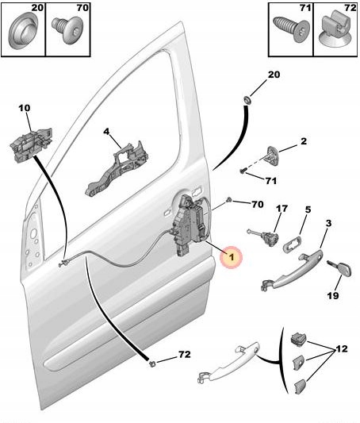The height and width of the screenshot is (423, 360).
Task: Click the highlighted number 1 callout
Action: coord(232,257)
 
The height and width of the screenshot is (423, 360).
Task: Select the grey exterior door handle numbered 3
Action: coord(292,270)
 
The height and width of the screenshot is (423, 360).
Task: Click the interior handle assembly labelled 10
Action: coord(31,145)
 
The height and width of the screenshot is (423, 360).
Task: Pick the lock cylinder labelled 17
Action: coord(263,236)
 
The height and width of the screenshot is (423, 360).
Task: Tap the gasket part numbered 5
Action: coord(292,243)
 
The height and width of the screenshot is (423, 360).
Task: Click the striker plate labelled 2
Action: coord(273,156)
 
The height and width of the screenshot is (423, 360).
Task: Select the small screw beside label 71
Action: coord(243,171)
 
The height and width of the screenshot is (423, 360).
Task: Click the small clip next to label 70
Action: coord(229,200)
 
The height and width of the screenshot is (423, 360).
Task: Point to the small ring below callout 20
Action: coord(247,100)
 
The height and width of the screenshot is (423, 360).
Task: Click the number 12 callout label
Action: coord(341,349)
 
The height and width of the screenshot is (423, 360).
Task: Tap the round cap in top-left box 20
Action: coord(23,30)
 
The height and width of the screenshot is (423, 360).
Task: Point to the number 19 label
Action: coord(333,295)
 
